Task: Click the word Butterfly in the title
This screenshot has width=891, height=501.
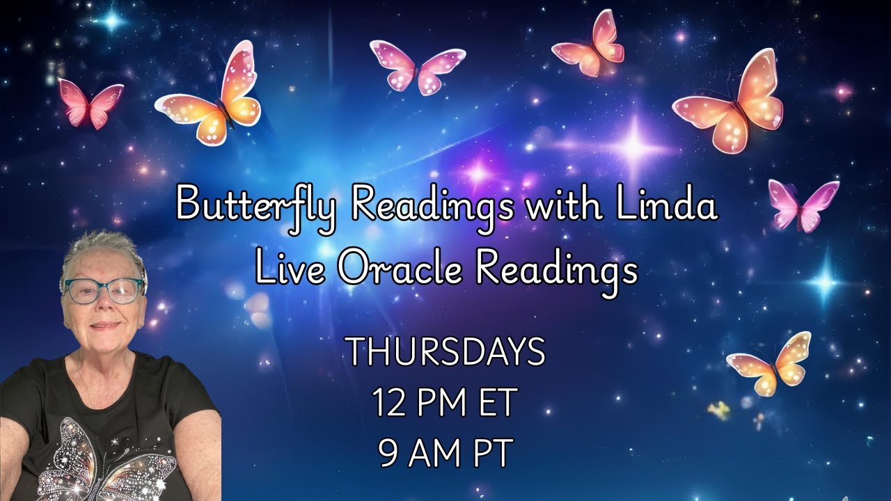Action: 257,205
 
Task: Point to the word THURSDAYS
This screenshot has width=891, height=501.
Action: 446,352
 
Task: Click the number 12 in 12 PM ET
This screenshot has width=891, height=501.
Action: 388,403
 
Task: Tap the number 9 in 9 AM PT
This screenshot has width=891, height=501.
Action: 388,454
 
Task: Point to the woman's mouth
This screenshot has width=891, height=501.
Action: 105,325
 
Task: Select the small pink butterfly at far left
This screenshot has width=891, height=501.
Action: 89,102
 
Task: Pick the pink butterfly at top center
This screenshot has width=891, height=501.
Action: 416,66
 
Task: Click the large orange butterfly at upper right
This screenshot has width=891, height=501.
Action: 730,102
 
